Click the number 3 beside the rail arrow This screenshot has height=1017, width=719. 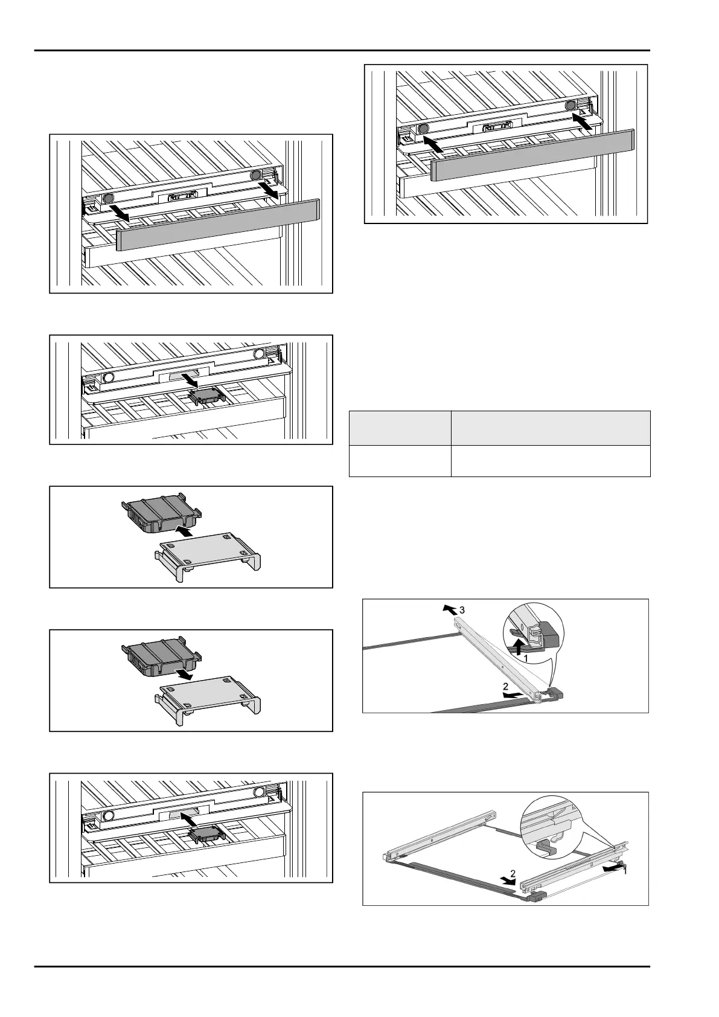(462, 611)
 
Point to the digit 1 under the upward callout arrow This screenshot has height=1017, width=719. (526, 656)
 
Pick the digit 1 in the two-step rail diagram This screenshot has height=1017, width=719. (625, 872)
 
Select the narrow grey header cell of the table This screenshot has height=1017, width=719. (400, 428)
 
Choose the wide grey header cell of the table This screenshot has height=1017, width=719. (551, 428)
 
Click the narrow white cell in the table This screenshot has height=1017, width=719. (400, 461)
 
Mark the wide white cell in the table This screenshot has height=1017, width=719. (551, 461)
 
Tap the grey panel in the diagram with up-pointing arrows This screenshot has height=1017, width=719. (532, 155)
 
